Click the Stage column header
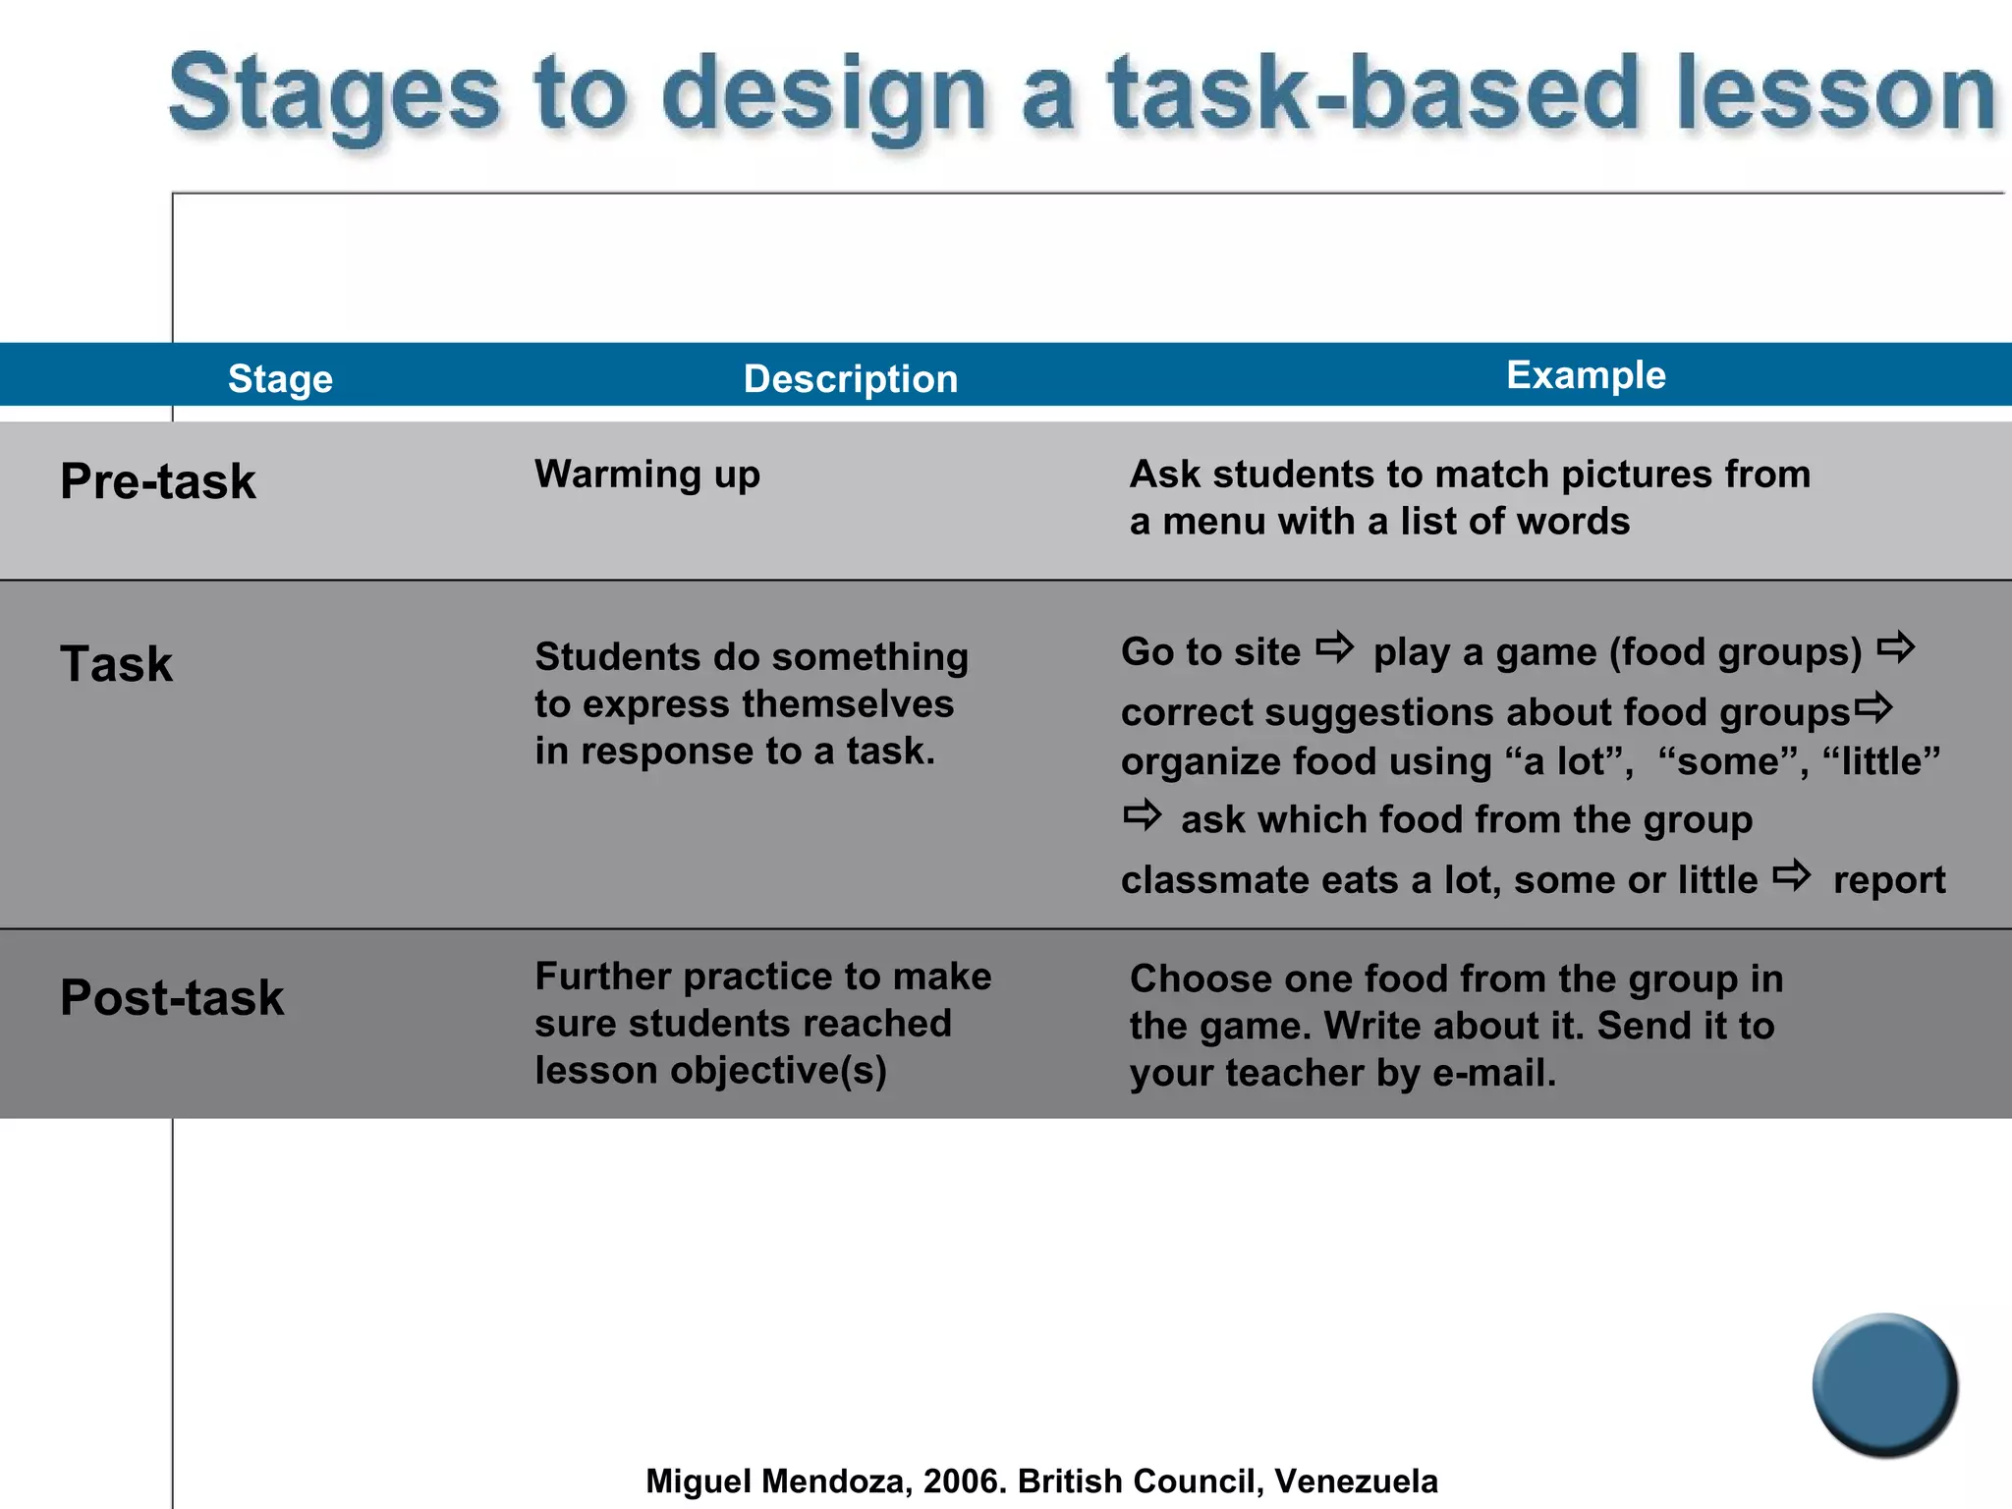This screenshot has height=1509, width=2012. tap(280, 379)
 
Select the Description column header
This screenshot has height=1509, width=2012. tap(850, 379)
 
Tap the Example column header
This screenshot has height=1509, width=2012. tap(1586, 375)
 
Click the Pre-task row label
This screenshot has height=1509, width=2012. tap(158, 481)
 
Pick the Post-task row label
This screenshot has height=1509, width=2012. tap(172, 998)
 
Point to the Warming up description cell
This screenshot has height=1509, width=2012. tap(647, 475)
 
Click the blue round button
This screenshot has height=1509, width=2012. tap(1884, 1385)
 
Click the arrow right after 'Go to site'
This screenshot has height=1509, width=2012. tap(1335, 648)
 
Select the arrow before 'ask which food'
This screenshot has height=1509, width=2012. tap(1143, 815)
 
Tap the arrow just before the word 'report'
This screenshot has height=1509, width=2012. tap(1792, 875)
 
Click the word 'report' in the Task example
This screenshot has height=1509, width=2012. tap(1888, 880)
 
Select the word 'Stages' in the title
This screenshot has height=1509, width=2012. tap(335, 95)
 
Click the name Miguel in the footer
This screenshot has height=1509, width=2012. tap(699, 1481)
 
